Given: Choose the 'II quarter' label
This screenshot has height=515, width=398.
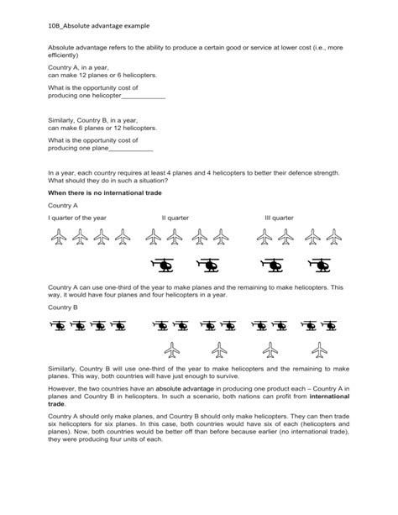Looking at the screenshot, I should point(175,218).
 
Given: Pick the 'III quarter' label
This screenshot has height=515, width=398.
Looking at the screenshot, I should point(279,218).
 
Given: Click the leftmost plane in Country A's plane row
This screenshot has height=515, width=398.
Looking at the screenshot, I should point(58,239).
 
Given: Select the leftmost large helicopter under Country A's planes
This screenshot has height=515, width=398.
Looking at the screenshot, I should point(162,265).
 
